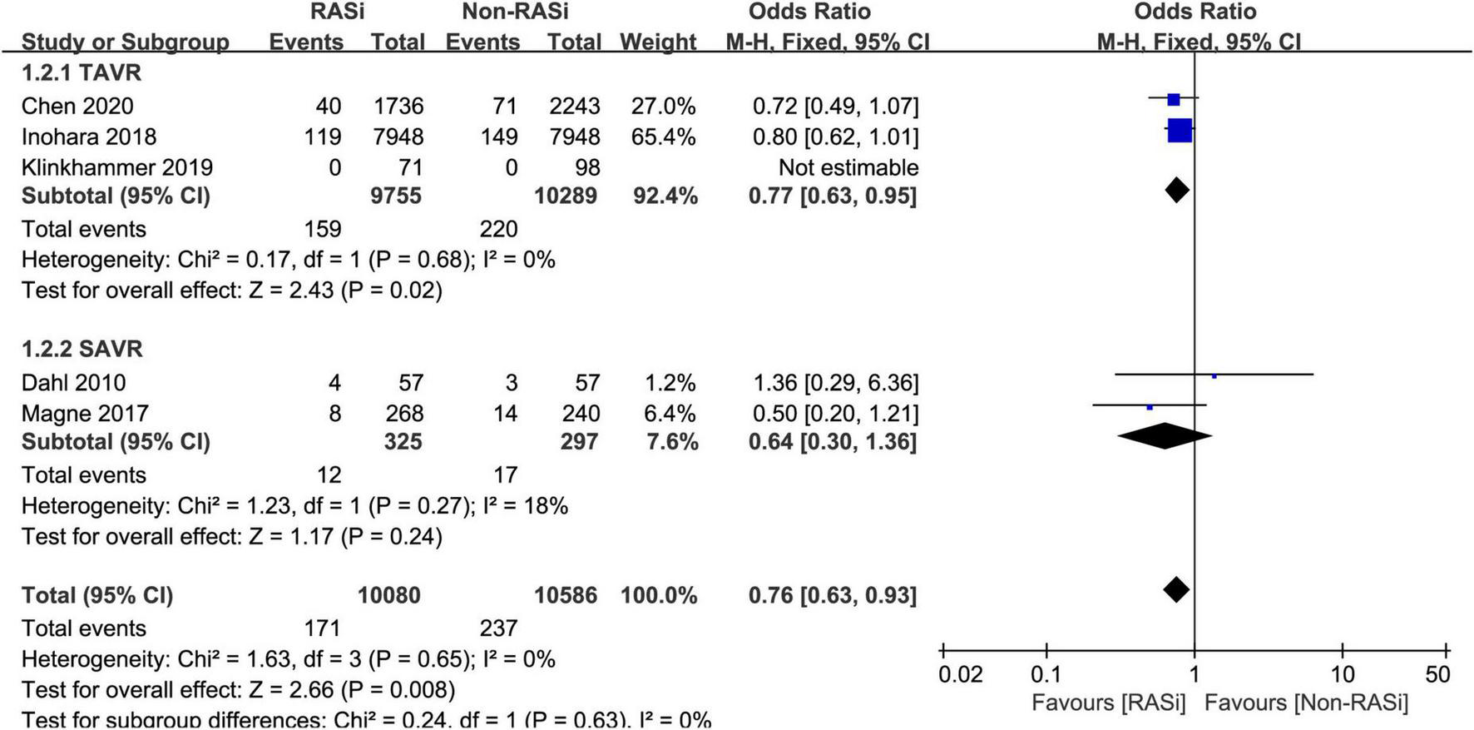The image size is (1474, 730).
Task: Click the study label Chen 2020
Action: click(x=77, y=106)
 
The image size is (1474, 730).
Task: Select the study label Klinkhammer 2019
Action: click(x=117, y=167)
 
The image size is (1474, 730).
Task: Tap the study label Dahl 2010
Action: click(x=74, y=382)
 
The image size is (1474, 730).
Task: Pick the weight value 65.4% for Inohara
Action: click(x=663, y=137)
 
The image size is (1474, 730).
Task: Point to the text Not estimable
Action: click(x=848, y=167)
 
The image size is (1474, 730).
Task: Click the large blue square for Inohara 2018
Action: click(x=1180, y=131)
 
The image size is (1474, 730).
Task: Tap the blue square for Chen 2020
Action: click(x=1173, y=100)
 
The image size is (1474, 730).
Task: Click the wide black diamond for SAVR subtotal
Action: click(x=1165, y=435)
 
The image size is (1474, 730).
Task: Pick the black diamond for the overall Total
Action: click(x=1175, y=590)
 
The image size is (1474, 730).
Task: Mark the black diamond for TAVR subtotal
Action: click(x=1176, y=191)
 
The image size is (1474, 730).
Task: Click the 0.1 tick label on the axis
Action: click(x=1046, y=674)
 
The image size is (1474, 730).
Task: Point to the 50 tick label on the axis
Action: click(x=1437, y=674)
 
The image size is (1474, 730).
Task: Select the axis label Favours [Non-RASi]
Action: click(x=1306, y=703)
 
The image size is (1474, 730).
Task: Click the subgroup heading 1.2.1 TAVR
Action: click(x=82, y=73)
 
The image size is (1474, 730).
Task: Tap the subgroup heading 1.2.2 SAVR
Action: click(x=82, y=349)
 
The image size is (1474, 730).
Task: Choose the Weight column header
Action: click(x=658, y=42)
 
